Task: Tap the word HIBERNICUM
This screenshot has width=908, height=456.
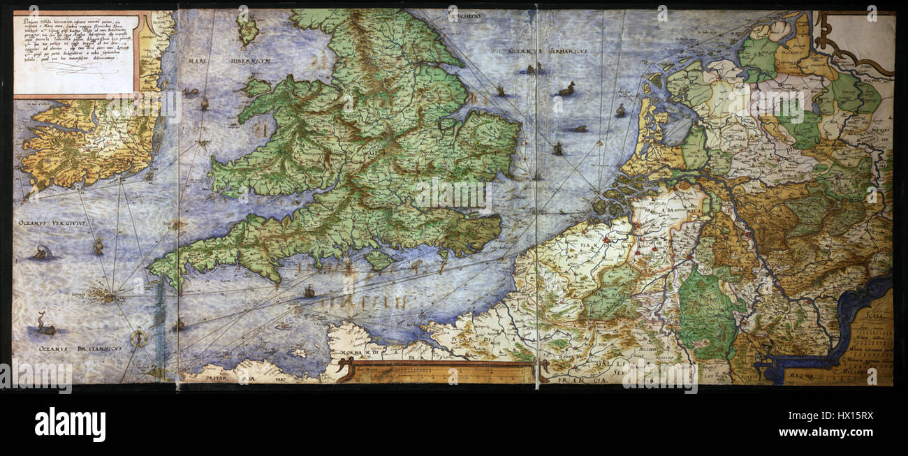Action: pyautogui.click(x=238, y=61)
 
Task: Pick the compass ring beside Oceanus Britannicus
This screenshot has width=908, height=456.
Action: pyautogui.click(x=140, y=339)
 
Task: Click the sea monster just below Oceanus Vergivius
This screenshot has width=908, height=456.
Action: pyautogui.click(x=43, y=253)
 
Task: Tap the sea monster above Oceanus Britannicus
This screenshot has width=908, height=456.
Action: pyautogui.click(x=45, y=324)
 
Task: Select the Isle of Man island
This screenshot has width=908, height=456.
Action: pyautogui.click(x=246, y=29)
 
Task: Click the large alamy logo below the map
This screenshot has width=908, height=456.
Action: pyautogui.click(x=70, y=424)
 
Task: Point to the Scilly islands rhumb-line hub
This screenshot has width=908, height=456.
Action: pyautogui.click(x=108, y=297)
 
